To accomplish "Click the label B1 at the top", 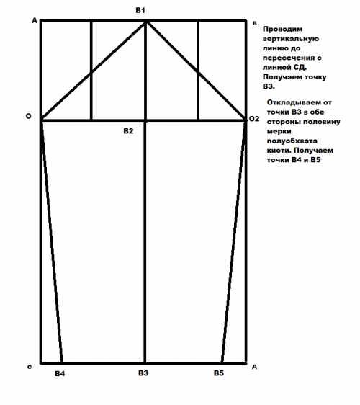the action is click(x=140, y=9).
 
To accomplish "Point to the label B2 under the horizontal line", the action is click(x=128, y=131).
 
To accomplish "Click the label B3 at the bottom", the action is click(x=143, y=373).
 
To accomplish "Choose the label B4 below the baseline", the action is click(x=60, y=374).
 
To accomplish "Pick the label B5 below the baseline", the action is click(x=219, y=373).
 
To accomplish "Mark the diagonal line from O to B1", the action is click(x=94, y=70).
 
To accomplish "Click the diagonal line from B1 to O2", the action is click(x=196, y=70).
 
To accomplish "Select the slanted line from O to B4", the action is click(x=51, y=241).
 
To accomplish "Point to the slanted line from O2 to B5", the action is click(x=234, y=241).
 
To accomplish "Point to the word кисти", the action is click(x=279, y=146).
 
